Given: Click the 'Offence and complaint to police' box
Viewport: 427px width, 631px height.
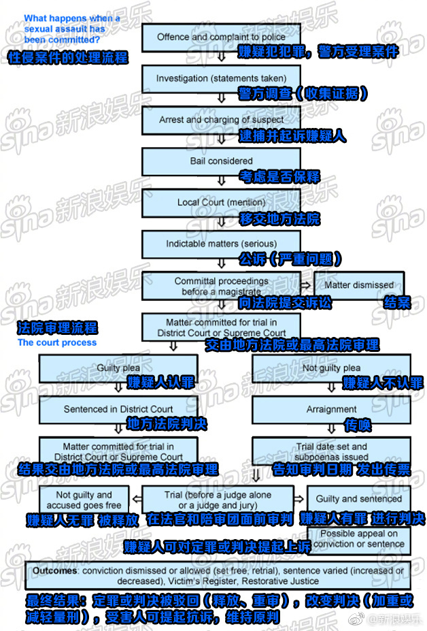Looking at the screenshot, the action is (x=221, y=37).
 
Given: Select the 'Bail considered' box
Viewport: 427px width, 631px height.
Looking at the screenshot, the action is (x=221, y=161).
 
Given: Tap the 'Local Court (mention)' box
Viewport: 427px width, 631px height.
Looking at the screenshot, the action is (x=221, y=203).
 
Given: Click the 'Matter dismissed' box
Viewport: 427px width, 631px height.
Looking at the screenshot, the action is (x=359, y=285).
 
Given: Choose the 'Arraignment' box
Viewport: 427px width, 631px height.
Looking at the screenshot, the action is (x=331, y=410).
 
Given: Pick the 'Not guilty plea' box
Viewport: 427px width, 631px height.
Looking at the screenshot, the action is (x=331, y=368).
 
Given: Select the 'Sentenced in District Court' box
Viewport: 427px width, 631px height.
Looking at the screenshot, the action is (x=118, y=410).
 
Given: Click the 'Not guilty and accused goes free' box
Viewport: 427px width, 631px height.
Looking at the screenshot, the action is (x=84, y=500).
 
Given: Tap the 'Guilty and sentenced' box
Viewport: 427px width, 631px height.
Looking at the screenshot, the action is (x=358, y=499).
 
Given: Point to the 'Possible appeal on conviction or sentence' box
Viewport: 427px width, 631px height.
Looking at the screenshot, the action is (x=359, y=539).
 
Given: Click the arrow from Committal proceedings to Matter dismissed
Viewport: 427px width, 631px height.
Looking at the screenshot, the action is (x=307, y=285).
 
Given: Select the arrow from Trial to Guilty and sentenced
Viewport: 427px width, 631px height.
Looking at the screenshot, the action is (x=298, y=499).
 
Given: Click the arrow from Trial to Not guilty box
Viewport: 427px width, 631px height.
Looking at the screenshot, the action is (x=137, y=499).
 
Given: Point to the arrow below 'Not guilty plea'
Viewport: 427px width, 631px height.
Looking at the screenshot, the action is (x=331, y=387).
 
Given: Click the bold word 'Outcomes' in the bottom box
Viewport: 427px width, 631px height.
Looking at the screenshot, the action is (x=54, y=570).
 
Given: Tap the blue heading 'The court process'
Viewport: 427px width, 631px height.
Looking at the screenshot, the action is (x=57, y=342).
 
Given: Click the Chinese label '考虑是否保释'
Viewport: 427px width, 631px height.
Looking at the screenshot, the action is (x=280, y=177).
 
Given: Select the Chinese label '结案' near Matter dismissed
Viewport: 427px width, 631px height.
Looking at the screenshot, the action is (x=397, y=302).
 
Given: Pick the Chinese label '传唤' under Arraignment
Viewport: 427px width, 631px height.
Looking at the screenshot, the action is (x=358, y=425).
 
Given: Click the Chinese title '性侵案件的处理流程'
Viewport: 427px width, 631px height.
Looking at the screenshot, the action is (x=68, y=58).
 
